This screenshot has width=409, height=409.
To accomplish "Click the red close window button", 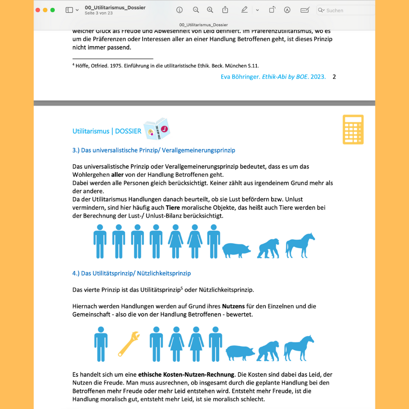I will pos(38,10).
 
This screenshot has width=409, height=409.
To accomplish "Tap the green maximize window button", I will pos(52,10).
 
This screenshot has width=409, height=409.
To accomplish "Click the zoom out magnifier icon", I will pos(196,10).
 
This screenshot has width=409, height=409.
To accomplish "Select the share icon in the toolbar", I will pos(225,10).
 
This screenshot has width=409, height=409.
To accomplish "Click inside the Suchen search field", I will pos(348,10).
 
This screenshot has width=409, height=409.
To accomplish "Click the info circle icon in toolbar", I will pos(179,10).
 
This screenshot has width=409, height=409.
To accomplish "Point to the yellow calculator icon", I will pos(353,130).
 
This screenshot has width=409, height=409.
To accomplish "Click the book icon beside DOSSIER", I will pos(157,129).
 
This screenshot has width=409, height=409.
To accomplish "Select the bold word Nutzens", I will pos(233,306).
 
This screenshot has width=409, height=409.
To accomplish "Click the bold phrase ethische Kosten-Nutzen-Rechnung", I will pos(186,374).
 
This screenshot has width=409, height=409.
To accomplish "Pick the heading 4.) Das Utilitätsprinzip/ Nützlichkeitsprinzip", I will pos(131,273).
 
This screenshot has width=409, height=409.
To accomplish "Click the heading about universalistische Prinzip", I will pos(154,150).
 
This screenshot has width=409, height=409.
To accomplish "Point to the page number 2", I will pos(334,77).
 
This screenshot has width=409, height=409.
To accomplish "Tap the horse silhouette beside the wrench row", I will pos(299,348).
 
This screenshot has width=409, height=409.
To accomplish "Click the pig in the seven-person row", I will pos(236,249).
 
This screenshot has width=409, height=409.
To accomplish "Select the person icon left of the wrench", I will pos(101,344).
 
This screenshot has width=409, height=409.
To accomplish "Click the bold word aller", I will pos(118,175).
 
